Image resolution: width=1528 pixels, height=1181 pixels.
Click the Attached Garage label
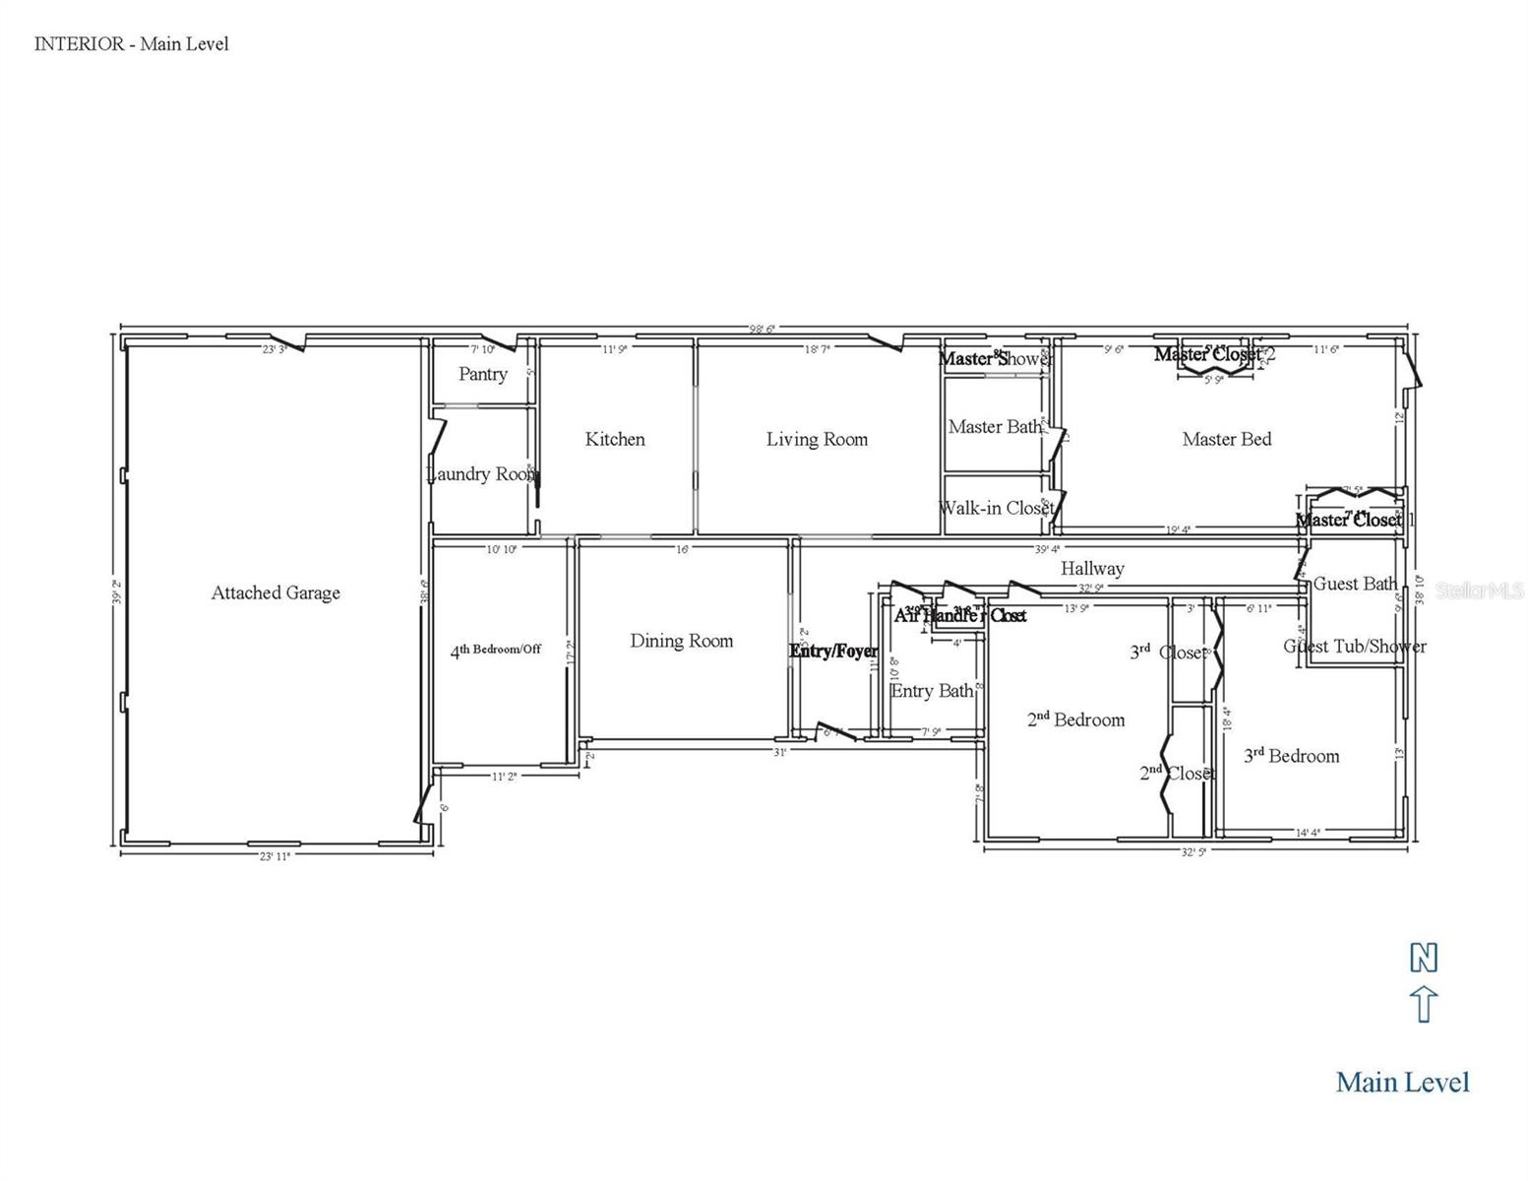coord(275,592)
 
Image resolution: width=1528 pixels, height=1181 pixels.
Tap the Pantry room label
coord(483,374)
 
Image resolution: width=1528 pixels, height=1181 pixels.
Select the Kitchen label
coord(615,439)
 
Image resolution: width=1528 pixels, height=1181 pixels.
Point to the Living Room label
coord(817,439)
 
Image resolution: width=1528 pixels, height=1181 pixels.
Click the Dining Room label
coord(681,641)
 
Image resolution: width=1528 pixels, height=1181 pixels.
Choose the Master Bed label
coord(1226,439)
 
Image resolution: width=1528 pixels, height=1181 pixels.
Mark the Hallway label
coord(1092,569)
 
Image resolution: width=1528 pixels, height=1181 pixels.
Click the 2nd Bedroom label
coord(1075,719)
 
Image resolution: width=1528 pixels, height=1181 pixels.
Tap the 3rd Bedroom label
coord(1291,756)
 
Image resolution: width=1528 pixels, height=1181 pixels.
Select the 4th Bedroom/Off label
coord(496,650)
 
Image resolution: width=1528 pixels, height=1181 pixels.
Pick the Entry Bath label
coord(932,691)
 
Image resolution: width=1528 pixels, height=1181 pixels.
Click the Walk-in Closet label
coord(996,508)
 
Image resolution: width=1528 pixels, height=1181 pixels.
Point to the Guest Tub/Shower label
coord(1354,647)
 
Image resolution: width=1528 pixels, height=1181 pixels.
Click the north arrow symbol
coord(1424,1005)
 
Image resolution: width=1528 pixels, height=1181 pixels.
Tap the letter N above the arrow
coord(1424,958)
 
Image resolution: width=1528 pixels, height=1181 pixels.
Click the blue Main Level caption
coord(1402,1083)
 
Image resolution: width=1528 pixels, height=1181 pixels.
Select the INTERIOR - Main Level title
coord(131,43)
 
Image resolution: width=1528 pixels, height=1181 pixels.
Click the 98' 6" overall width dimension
coord(762,329)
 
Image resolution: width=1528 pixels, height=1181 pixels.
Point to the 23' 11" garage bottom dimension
coord(275,856)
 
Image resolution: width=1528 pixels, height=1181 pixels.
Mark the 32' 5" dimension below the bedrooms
coord(1192,852)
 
